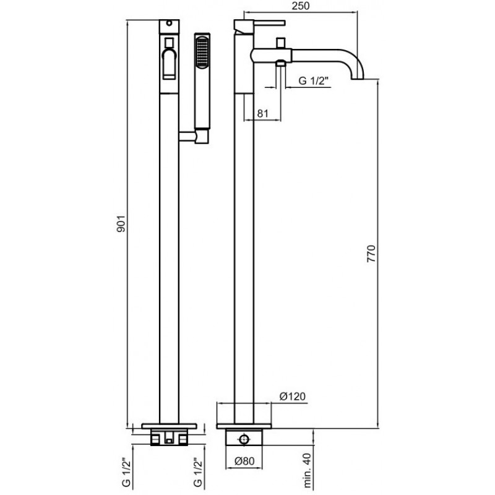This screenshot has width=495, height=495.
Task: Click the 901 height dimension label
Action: coord(121,224)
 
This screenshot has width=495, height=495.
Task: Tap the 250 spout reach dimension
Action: coord(301,6)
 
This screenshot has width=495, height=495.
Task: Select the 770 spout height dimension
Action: coord(372,254)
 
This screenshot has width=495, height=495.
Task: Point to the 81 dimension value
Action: coord(262,113)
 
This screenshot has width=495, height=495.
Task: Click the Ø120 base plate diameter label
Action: coord(293,396)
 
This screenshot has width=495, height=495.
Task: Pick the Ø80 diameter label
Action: coord(244,461)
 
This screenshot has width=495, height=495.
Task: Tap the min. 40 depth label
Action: coord(308,474)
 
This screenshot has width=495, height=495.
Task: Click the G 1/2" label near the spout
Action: coord(314,81)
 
